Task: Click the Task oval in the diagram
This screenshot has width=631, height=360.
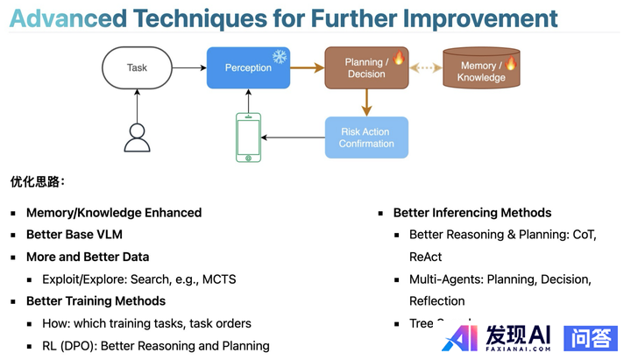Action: tap(138, 67)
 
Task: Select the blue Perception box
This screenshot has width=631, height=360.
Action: tap(248, 67)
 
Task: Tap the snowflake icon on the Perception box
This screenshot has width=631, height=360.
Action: tap(280, 57)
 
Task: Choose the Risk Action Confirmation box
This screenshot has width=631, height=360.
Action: tap(366, 138)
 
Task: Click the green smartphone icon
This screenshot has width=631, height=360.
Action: tap(249, 138)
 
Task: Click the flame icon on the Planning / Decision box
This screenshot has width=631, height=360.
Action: tap(398, 58)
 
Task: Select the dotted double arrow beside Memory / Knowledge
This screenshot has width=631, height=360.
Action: tap(424, 67)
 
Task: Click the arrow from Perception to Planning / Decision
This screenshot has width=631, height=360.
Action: tap(307, 67)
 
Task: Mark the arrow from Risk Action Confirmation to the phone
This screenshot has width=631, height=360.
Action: tap(294, 138)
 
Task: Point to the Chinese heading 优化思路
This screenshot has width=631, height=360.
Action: tap(37, 182)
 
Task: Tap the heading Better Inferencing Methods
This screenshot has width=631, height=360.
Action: tap(472, 213)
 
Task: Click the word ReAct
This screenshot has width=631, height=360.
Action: tap(425, 258)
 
